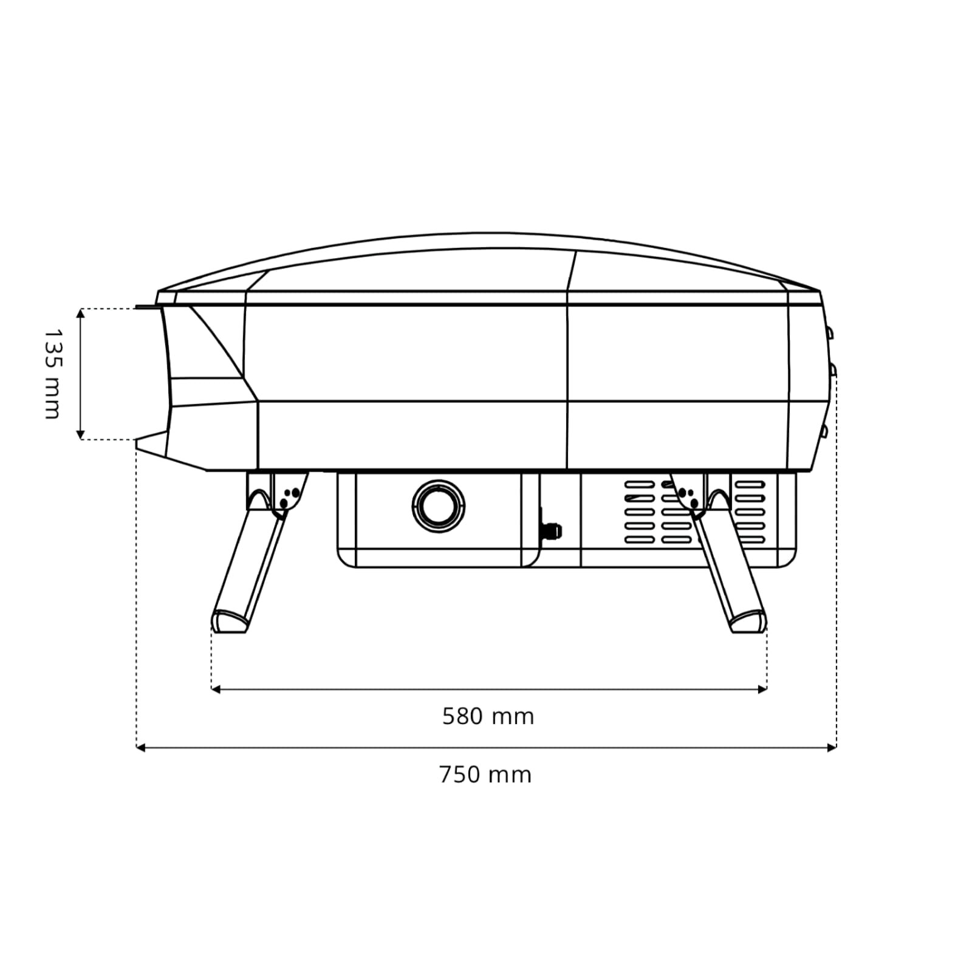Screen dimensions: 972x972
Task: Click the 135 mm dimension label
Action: point(53,374)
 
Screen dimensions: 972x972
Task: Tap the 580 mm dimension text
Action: point(488,717)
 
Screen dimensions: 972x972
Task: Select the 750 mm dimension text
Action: point(485,775)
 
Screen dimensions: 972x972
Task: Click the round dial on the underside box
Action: point(439,505)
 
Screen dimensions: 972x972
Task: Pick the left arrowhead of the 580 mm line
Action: point(216,690)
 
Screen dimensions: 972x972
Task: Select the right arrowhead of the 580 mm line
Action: point(762,690)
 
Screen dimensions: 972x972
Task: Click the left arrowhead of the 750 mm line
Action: point(141,748)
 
